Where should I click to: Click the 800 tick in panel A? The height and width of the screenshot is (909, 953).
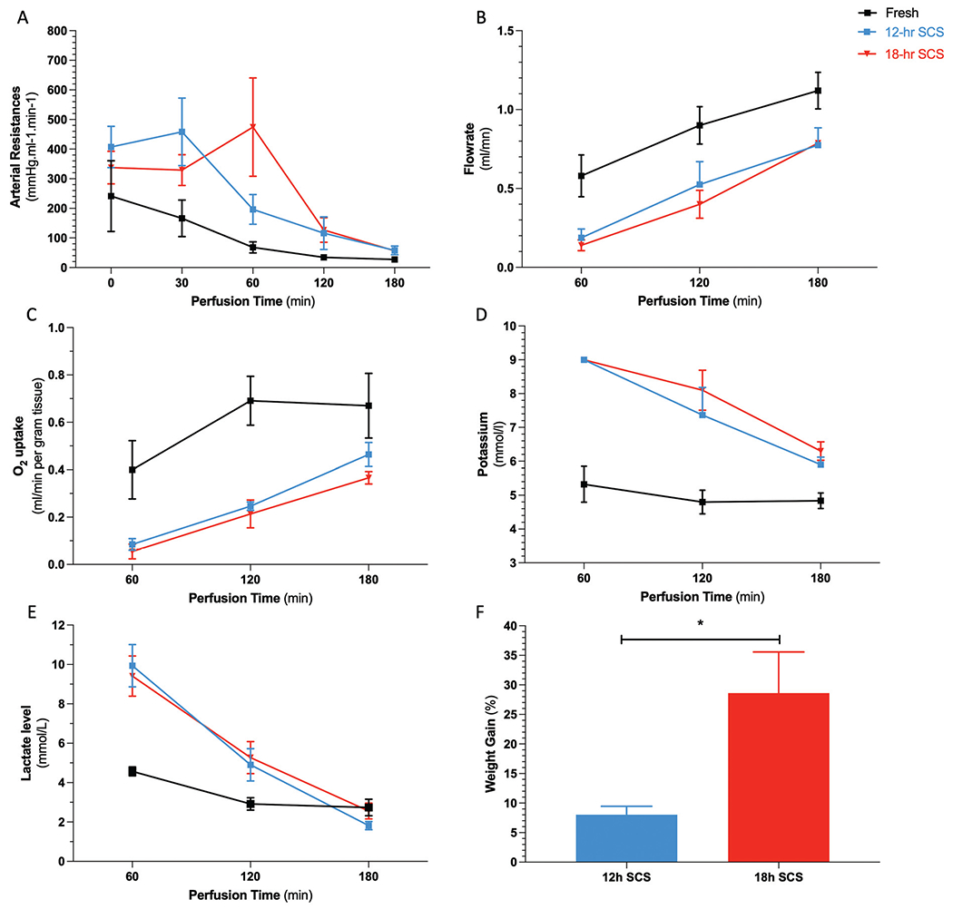click(55, 31)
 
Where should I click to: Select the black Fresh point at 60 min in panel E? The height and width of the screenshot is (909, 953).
click(133, 771)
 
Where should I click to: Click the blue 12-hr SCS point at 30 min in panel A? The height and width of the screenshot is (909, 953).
click(182, 132)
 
